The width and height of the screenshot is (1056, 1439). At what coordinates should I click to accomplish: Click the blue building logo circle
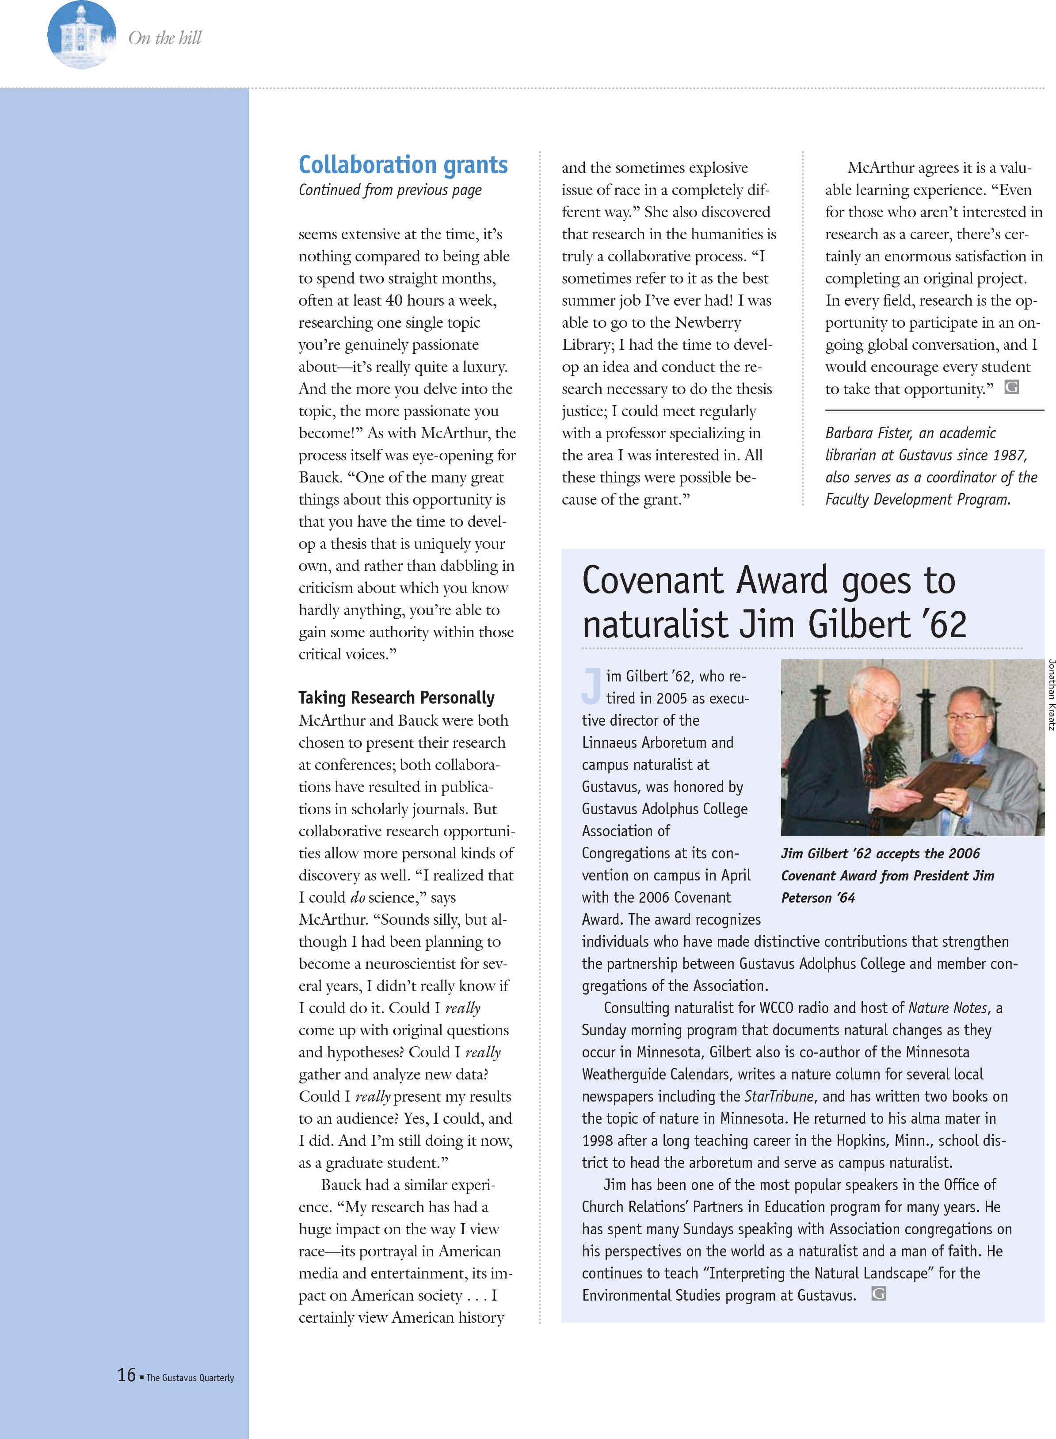coord(81,35)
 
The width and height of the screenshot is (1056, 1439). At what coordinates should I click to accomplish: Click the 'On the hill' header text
coord(165,38)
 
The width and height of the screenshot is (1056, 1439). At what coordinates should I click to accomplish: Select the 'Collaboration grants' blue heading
coord(403,165)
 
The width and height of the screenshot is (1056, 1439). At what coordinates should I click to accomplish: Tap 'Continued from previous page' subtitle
coord(390,190)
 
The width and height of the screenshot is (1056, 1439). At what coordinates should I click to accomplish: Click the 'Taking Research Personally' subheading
coord(396,697)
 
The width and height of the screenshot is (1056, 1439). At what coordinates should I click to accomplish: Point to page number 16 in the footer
coord(126,1374)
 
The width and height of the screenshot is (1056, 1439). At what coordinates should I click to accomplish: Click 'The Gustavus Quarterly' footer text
coord(190,1378)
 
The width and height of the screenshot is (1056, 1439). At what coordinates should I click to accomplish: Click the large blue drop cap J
coord(592,684)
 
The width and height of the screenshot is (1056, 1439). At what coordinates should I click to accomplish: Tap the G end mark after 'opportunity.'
coord(1011,387)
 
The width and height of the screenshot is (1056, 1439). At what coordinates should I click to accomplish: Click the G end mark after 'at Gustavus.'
coord(879,1294)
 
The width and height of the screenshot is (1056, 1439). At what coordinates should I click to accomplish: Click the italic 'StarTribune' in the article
coord(778,1096)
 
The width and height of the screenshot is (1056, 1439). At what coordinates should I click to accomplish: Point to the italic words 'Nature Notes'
coord(947,1008)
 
